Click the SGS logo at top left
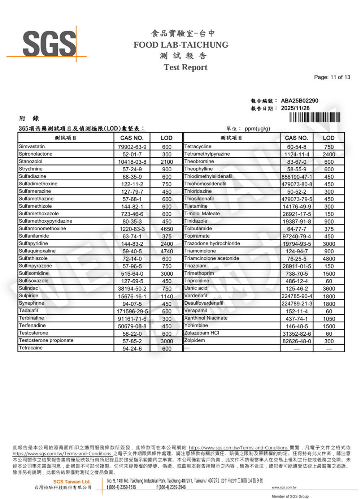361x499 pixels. [x=49, y=44]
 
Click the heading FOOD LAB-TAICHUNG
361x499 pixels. [x=181, y=45]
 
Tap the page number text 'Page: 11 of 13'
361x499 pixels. [x=332, y=77]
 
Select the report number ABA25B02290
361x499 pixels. [x=300, y=100]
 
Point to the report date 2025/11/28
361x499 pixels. [x=295, y=108]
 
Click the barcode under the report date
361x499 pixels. [x=314, y=118]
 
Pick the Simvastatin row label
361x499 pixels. [x=32, y=146]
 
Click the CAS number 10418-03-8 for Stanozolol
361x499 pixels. [x=132, y=162]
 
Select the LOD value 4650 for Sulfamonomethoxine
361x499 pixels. [x=167, y=229]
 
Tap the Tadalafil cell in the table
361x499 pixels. [x=29, y=310]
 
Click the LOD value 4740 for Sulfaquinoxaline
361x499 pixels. [x=167, y=251]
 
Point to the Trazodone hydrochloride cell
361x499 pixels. [x=212, y=243]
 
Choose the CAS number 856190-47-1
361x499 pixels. [x=297, y=177]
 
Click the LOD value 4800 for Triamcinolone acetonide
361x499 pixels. [x=329, y=259]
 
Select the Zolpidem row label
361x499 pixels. [x=195, y=340]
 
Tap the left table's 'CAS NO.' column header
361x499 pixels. [x=132, y=138]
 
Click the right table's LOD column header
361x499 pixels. [x=329, y=138]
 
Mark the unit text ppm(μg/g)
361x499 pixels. [x=257, y=129]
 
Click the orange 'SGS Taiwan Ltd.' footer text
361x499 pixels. [x=72, y=482]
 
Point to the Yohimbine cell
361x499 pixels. [x=196, y=325]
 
